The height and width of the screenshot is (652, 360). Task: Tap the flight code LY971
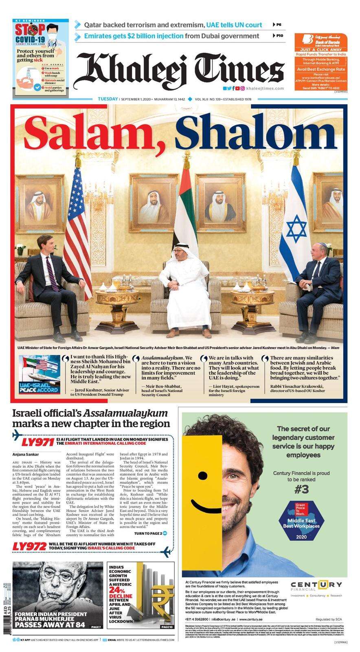(x=37, y=442)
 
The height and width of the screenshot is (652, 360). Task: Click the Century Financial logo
(x=316, y=586)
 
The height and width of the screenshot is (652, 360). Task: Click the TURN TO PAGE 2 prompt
(x=151, y=533)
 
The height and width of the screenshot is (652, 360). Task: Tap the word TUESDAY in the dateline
(x=108, y=99)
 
